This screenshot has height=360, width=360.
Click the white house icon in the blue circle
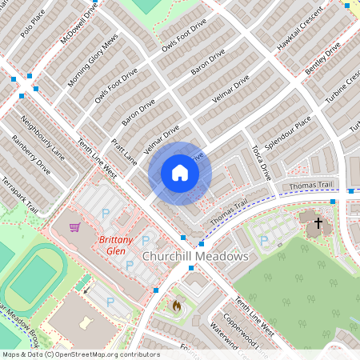(x=180, y=173)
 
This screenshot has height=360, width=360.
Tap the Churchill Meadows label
(x=195, y=256)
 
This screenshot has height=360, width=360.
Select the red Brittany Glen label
(x=115, y=245)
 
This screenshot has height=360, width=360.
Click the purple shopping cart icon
(x=75, y=227)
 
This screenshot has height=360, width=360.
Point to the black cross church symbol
(x=318, y=223)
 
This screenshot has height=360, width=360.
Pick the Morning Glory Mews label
(x=94, y=61)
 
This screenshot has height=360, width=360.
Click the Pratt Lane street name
(x=125, y=150)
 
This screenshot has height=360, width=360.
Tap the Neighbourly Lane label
(x=42, y=138)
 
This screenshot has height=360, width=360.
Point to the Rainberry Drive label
(x=30, y=155)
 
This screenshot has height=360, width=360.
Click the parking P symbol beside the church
(x=264, y=240)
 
